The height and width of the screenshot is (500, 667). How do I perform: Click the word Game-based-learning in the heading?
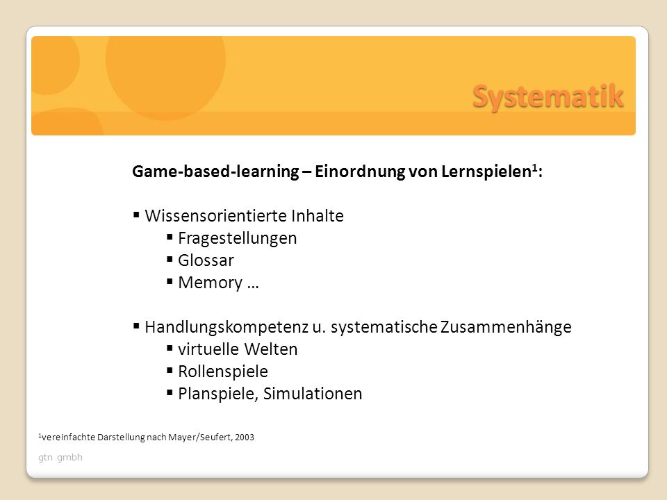[215, 172]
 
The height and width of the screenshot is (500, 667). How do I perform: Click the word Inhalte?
[318, 215]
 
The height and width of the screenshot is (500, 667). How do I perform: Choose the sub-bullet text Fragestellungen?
[238, 238]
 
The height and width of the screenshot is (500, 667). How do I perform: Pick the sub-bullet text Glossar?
[206, 260]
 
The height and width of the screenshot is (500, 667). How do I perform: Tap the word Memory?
[210, 283]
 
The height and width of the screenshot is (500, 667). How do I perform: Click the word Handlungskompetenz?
[227, 327]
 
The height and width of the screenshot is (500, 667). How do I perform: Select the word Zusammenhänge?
[506, 327]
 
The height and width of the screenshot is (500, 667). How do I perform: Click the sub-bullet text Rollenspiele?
[223, 372]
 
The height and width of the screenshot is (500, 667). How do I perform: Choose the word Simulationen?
[313, 394]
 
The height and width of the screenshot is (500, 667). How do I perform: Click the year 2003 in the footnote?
[244, 437]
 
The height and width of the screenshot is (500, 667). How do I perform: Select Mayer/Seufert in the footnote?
[199, 437]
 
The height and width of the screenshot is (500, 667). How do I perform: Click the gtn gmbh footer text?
[60, 458]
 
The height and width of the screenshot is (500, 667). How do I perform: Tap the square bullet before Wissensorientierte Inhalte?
[136, 215]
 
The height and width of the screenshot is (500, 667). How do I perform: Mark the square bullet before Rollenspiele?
[170, 370]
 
